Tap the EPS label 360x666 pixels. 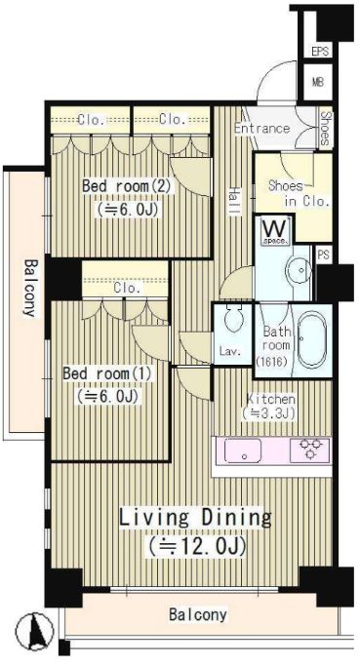click(320, 52)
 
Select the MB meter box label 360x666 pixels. click(318, 82)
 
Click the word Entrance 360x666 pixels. click(261, 128)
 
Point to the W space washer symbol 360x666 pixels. click(275, 231)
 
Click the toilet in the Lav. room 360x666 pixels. click(233, 319)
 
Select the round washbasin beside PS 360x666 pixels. click(301, 270)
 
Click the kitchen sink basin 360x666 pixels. click(243, 451)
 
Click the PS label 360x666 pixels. click(323, 255)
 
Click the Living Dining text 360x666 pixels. click(195, 519)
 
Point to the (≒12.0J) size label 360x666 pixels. click(197, 546)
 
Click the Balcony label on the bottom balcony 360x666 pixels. click(198, 614)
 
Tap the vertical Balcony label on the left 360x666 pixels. click(29, 289)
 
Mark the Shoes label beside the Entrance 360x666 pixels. click(326, 128)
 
